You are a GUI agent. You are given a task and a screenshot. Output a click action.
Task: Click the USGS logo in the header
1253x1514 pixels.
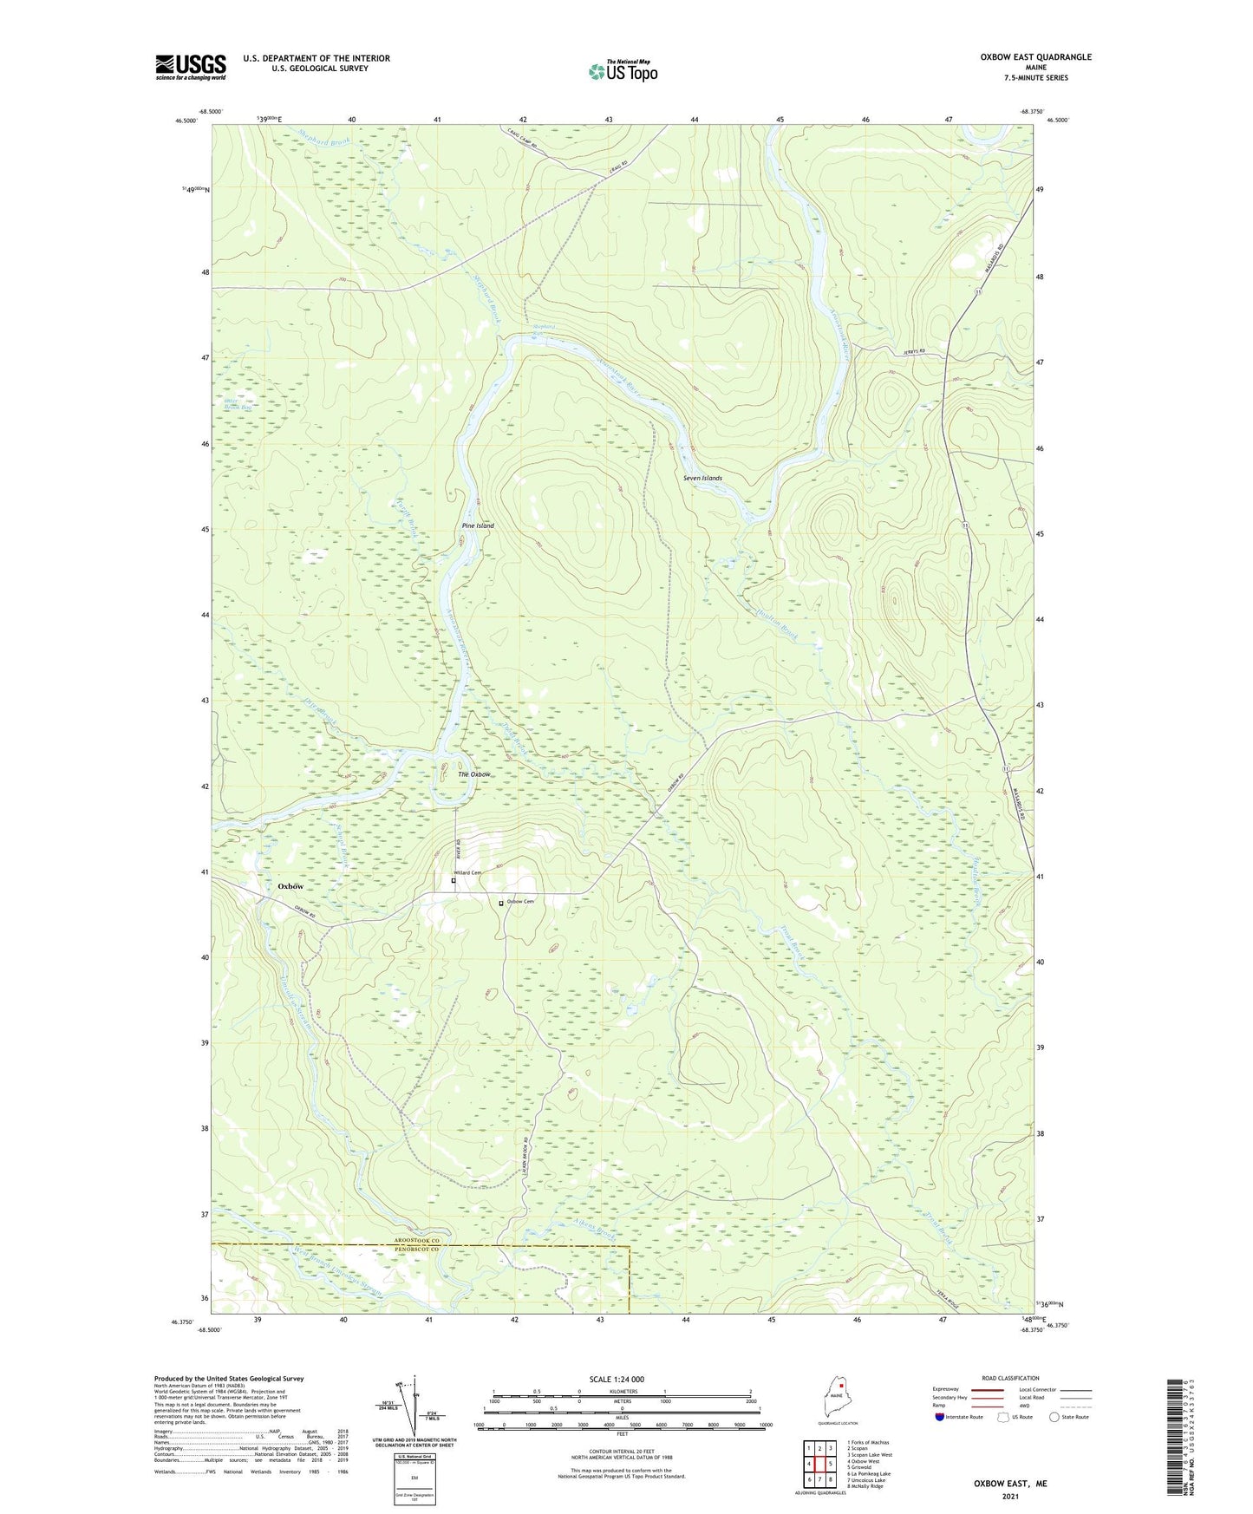pyautogui.click(x=191, y=67)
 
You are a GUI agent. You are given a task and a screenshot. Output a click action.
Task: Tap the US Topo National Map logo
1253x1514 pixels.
pyautogui.click(x=622, y=71)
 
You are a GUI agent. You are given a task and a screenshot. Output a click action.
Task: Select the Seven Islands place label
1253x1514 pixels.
pyautogui.click(x=702, y=478)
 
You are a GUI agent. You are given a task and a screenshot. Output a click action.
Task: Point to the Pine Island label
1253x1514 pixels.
pyautogui.click(x=478, y=525)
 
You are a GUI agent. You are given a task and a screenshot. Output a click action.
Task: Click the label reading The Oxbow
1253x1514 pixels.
pyautogui.click(x=474, y=774)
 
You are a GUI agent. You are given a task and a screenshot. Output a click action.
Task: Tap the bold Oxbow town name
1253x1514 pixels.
pyautogui.click(x=290, y=886)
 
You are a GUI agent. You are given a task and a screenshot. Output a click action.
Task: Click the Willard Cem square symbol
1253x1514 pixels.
pyautogui.click(x=454, y=881)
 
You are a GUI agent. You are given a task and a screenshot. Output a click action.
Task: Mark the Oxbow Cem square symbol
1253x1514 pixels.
pyautogui.click(x=500, y=903)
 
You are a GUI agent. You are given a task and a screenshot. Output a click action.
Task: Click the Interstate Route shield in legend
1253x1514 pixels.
pyautogui.click(x=940, y=1417)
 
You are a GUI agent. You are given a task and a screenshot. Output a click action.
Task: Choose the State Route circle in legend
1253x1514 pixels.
pyautogui.click(x=1054, y=1417)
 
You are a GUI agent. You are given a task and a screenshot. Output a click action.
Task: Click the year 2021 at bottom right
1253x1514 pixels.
pyautogui.click(x=1009, y=1497)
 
